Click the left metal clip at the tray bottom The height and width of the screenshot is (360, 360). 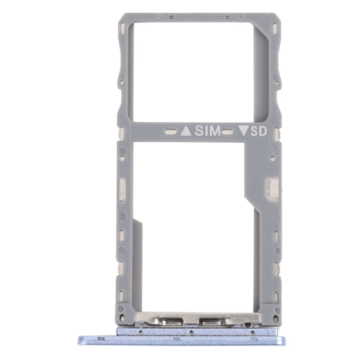pos(167,321)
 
